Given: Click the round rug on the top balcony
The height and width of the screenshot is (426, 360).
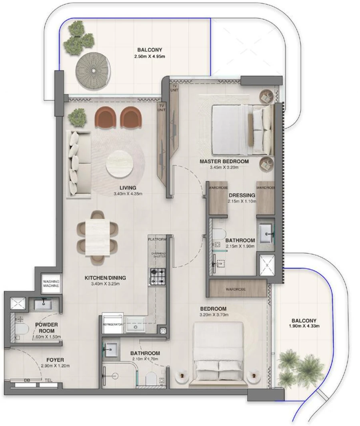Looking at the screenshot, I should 93,70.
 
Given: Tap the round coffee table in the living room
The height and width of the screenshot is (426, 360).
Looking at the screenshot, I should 120,164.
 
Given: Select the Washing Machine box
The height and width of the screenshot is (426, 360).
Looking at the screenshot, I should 51,283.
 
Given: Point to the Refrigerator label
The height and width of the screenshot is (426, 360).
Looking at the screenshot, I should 112,325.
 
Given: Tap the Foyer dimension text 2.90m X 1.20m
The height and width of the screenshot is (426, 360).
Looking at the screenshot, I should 55,366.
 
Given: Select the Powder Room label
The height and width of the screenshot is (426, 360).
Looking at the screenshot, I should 46,328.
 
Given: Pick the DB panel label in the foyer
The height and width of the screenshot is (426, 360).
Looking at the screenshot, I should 27,381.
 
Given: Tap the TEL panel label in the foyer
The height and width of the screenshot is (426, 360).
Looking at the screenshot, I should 49,381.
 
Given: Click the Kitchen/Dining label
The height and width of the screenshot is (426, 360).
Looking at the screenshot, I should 105,278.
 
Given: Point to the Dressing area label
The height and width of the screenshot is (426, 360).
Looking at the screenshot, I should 242,195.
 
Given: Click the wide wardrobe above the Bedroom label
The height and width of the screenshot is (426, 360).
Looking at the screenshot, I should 238,289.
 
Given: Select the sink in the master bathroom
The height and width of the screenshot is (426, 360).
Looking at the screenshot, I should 265,234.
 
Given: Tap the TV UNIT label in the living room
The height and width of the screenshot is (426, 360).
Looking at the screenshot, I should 162,107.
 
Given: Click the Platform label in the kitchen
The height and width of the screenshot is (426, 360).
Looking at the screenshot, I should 156,239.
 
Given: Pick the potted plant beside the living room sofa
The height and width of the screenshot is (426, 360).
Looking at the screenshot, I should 77,117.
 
